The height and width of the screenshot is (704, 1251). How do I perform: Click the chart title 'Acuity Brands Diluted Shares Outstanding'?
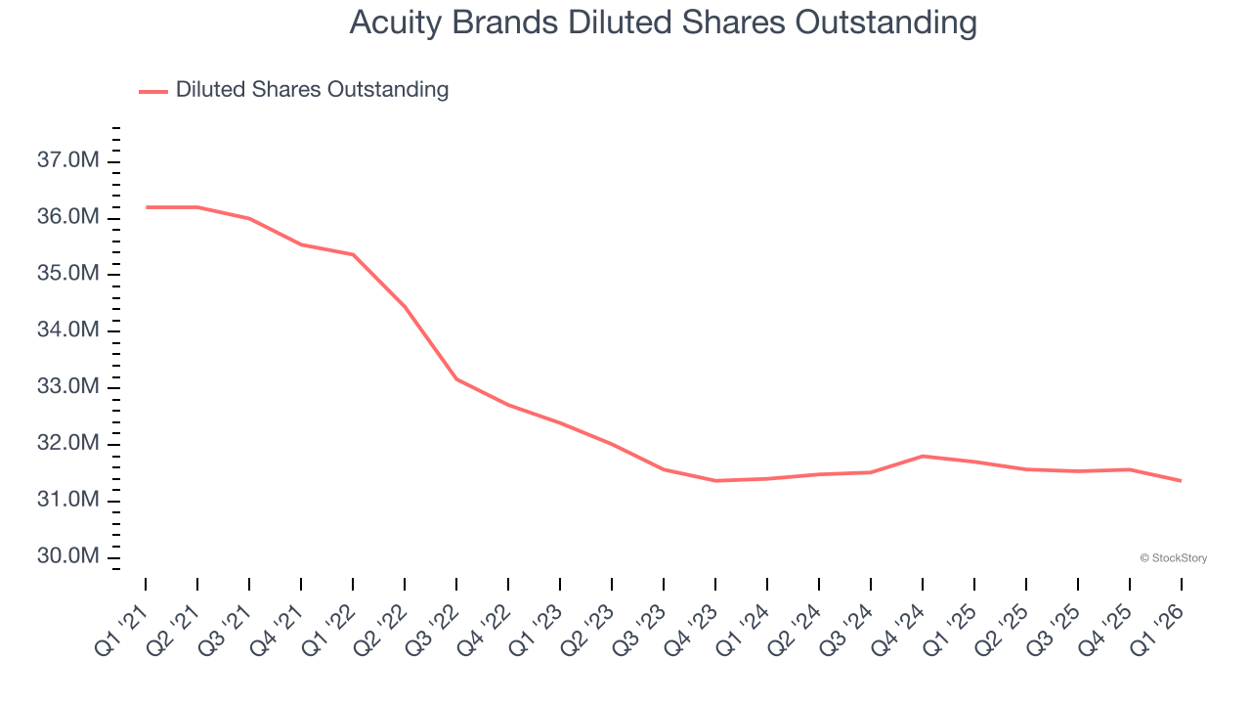[663, 22]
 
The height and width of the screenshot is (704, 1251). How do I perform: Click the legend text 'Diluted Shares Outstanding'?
[312, 90]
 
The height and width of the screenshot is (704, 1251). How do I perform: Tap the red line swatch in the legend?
[153, 91]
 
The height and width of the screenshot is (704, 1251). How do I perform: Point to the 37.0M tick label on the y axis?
[68, 160]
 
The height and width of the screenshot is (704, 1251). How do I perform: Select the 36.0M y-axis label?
[68, 217]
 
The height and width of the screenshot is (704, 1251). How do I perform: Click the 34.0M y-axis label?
[68, 330]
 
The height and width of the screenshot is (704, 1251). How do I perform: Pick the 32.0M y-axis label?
[68, 444]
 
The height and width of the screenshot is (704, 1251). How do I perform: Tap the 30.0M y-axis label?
[68, 556]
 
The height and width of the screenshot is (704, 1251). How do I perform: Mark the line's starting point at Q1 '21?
[146, 207]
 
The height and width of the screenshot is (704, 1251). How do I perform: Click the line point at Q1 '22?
[353, 254]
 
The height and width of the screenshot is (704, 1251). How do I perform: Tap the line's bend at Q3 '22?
[456, 378]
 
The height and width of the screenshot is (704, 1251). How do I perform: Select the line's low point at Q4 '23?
[715, 480]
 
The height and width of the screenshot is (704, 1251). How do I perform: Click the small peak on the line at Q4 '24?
[923, 456]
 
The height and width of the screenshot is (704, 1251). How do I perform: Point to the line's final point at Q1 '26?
[1182, 480]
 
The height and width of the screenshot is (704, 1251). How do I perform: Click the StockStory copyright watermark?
[1173, 558]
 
